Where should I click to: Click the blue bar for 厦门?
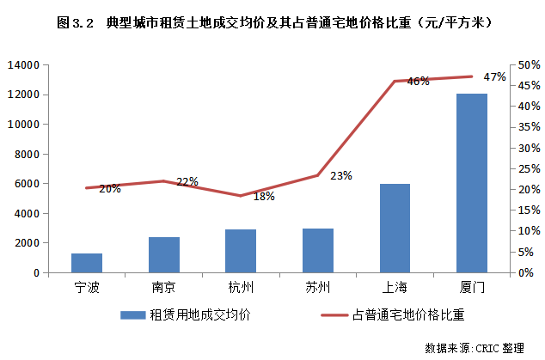coord(472,183)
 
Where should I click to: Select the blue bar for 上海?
coord(395,229)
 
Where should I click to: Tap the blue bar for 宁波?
coord(87,263)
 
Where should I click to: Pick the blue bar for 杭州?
coord(241,251)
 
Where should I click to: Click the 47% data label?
coord(494,76)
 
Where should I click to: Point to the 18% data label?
coord(264,197)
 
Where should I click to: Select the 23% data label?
coord(341,176)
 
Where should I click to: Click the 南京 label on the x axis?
coord(163,287)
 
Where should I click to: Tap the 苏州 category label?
coord(318,287)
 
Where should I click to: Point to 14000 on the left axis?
coord(23,65)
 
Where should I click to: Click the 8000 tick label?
coord(27,155)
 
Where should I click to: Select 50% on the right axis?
coord(529,65)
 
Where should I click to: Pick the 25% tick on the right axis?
coord(529,169)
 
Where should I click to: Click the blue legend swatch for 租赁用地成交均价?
coord(132,315)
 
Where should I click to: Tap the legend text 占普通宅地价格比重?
coord(408,314)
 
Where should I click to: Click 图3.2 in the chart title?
coord(76,23)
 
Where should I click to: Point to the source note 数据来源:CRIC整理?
coord(475,347)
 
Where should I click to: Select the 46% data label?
coord(418,81)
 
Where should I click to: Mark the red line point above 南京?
coord(163,180)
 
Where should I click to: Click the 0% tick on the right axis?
coord(525,272)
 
